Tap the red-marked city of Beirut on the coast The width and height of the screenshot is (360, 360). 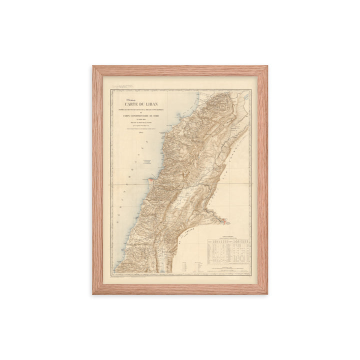point(151,177)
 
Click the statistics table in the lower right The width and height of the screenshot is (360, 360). point(228,250)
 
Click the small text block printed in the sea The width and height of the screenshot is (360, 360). point(147,162)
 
